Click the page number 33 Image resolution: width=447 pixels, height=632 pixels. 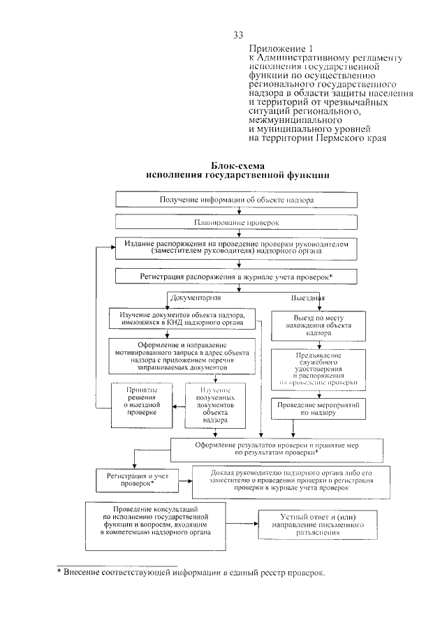pos(239,35)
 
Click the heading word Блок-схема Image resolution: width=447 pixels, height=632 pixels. pos(239,166)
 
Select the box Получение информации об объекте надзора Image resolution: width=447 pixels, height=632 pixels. pos(237,200)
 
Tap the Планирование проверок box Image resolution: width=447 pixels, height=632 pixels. pos(237,222)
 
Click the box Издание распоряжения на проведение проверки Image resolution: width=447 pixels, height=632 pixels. pos(237,248)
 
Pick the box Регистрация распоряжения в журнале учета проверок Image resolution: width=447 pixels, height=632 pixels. pos(237,277)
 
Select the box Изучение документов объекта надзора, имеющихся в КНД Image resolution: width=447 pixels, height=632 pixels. pos(182,318)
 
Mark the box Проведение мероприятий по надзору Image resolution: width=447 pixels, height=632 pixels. pos(318,409)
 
